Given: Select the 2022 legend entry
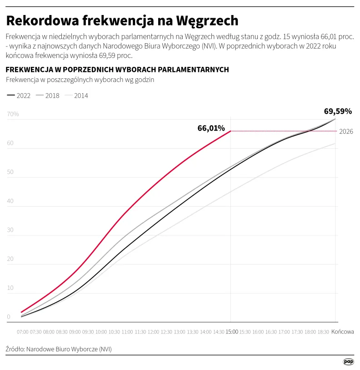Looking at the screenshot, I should tap(19, 96).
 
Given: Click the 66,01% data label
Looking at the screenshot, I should tap(211, 128).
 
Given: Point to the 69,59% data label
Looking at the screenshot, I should tap(338, 111).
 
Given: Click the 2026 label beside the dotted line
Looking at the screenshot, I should tap(346, 132).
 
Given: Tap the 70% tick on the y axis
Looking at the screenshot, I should tap(13, 114).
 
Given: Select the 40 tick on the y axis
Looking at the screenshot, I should tap(10, 201).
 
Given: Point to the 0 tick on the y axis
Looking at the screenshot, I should tap(9, 317).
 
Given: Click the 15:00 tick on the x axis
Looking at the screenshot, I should tap(231, 332).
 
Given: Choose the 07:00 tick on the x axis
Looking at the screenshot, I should tap(23, 332).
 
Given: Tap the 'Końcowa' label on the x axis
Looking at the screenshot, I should tap(342, 332).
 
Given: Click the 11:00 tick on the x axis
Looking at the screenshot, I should tap(127, 332).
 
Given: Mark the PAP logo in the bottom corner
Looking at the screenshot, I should tap(348, 361).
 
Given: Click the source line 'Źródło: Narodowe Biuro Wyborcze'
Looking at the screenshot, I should tap(59, 349).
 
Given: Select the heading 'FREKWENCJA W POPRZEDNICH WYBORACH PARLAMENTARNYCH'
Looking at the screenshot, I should tap(117, 69).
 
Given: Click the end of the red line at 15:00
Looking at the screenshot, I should tap(231, 131).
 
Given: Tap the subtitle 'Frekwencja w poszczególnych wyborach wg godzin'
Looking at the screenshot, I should tap(80, 80).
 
